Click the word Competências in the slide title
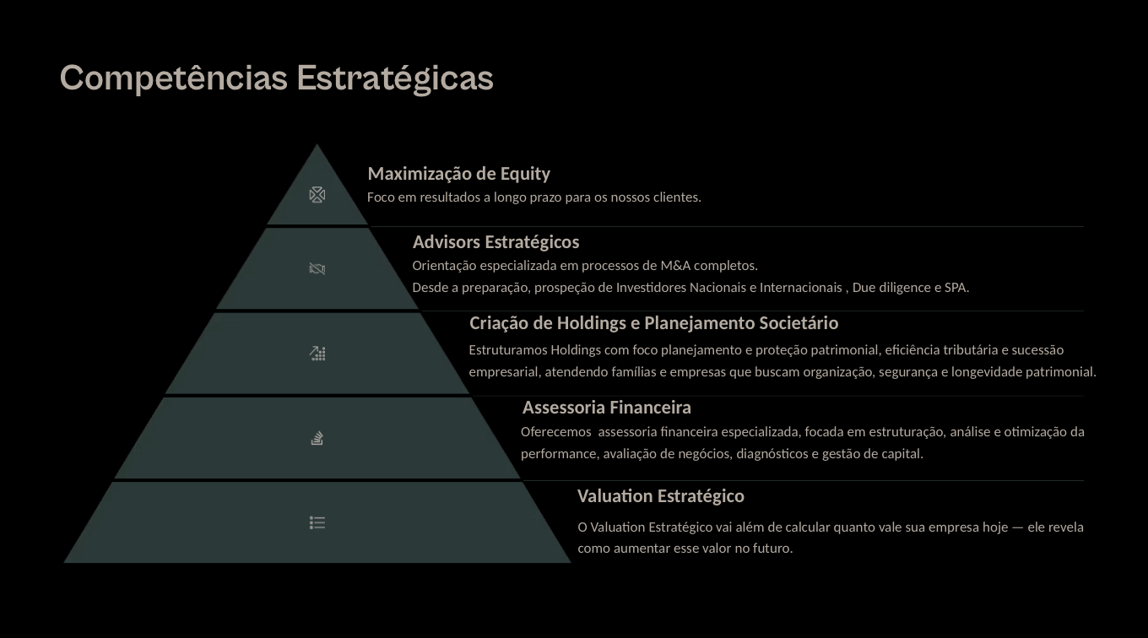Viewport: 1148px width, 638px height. coord(173,78)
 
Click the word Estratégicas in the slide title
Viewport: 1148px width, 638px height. coord(395,78)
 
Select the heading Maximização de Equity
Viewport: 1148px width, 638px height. coord(458,174)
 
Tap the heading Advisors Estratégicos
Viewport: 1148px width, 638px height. coord(495,242)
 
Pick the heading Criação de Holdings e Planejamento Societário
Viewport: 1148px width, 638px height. coord(653,323)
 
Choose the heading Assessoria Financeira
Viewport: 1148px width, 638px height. coord(606,408)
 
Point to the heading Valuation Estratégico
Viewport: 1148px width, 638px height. coord(660,495)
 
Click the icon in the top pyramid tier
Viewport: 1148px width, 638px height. coord(317,195)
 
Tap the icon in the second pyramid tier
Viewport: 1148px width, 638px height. coord(317,269)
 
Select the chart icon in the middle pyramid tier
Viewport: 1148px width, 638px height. coord(317,354)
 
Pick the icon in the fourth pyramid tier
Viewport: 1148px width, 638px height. coord(317,438)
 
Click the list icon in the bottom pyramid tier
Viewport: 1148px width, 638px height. coord(317,523)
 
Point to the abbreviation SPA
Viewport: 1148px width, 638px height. coord(956,288)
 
